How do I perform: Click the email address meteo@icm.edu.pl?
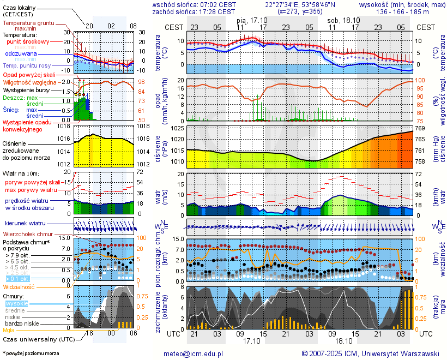point(197,353)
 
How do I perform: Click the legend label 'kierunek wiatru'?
point(25,224)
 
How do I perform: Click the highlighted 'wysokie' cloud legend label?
point(16,303)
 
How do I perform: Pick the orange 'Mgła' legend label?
point(9,330)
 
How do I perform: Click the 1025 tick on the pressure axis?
point(177,128)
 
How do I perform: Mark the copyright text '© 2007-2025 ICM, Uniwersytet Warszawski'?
point(371,353)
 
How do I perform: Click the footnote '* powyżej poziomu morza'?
point(31,353)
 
